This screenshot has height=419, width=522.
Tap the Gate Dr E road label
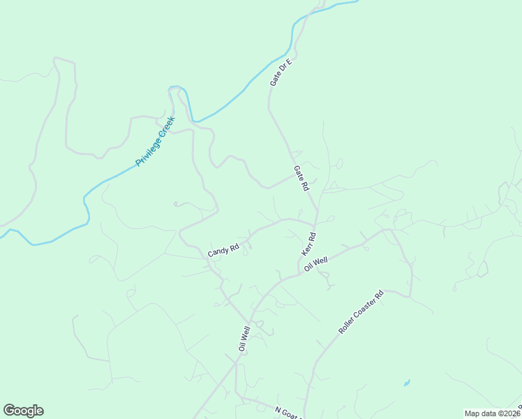[x=280, y=72]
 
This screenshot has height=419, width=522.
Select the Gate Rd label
[x=301, y=179]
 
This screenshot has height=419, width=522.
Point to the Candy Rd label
[x=223, y=250]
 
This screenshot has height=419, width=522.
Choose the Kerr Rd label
[x=308, y=244]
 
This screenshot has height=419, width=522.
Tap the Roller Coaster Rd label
[x=361, y=311]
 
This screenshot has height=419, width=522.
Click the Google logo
[x=23, y=411]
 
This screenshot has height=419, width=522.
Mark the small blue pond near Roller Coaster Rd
[x=406, y=383]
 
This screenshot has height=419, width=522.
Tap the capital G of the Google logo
[x=9, y=411]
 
